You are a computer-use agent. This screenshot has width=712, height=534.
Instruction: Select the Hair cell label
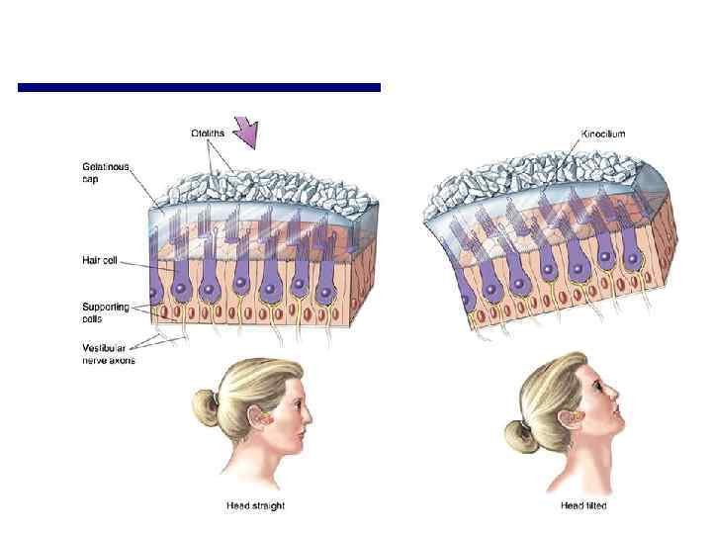tap(102, 259)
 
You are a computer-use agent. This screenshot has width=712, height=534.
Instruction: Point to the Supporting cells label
tap(106, 312)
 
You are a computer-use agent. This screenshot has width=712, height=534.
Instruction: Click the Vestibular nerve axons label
tap(108, 353)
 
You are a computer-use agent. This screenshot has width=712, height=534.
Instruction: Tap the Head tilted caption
tap(582, 506)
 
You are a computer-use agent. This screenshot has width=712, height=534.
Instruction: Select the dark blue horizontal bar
tap(199, 88)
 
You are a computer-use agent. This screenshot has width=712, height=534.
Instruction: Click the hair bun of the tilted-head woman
tap(517, 432)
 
